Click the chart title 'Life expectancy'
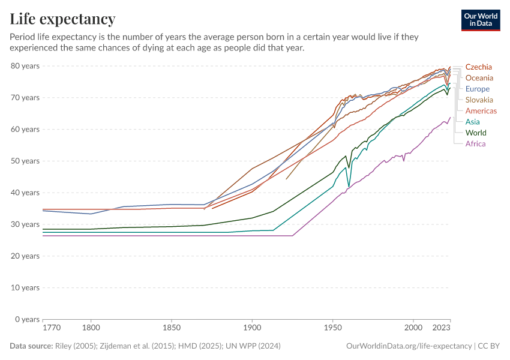[62, 19]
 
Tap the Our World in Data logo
[480, 20]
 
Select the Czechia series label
[478, 67]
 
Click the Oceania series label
[479, 78]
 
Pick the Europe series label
[478, 89]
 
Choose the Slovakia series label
[479, 100]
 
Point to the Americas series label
[481, 111]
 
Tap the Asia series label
[473, 122]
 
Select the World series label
[476, 133]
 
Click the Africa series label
[475, 143]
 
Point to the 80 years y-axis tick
[25, 65]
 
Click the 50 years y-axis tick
[25, 161]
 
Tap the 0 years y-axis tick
[28, 319]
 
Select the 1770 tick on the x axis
[52, 329]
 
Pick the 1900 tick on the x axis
[252, 329]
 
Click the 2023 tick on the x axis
[442, 329]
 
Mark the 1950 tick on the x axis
[332, 329]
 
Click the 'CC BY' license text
[489, 346]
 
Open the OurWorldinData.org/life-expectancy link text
[409, 346]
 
